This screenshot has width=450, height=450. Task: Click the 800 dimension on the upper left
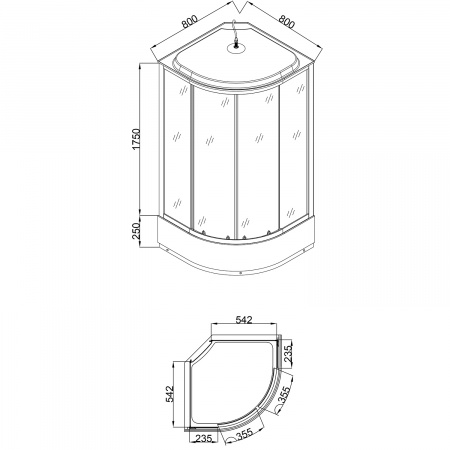[190, 21]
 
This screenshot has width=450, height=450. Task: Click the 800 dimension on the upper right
[287, 21]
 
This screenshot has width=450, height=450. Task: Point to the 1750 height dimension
[137, 139]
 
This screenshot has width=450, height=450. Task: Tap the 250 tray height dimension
[137, 231]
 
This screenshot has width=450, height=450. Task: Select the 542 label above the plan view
[244, 320]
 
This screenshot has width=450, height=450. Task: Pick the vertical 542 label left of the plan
[170, 394]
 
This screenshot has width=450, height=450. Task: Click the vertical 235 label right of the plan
[288, 354]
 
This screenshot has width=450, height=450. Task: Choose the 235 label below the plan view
[202, 438]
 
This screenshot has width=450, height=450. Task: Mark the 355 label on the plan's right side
[284, 395]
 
